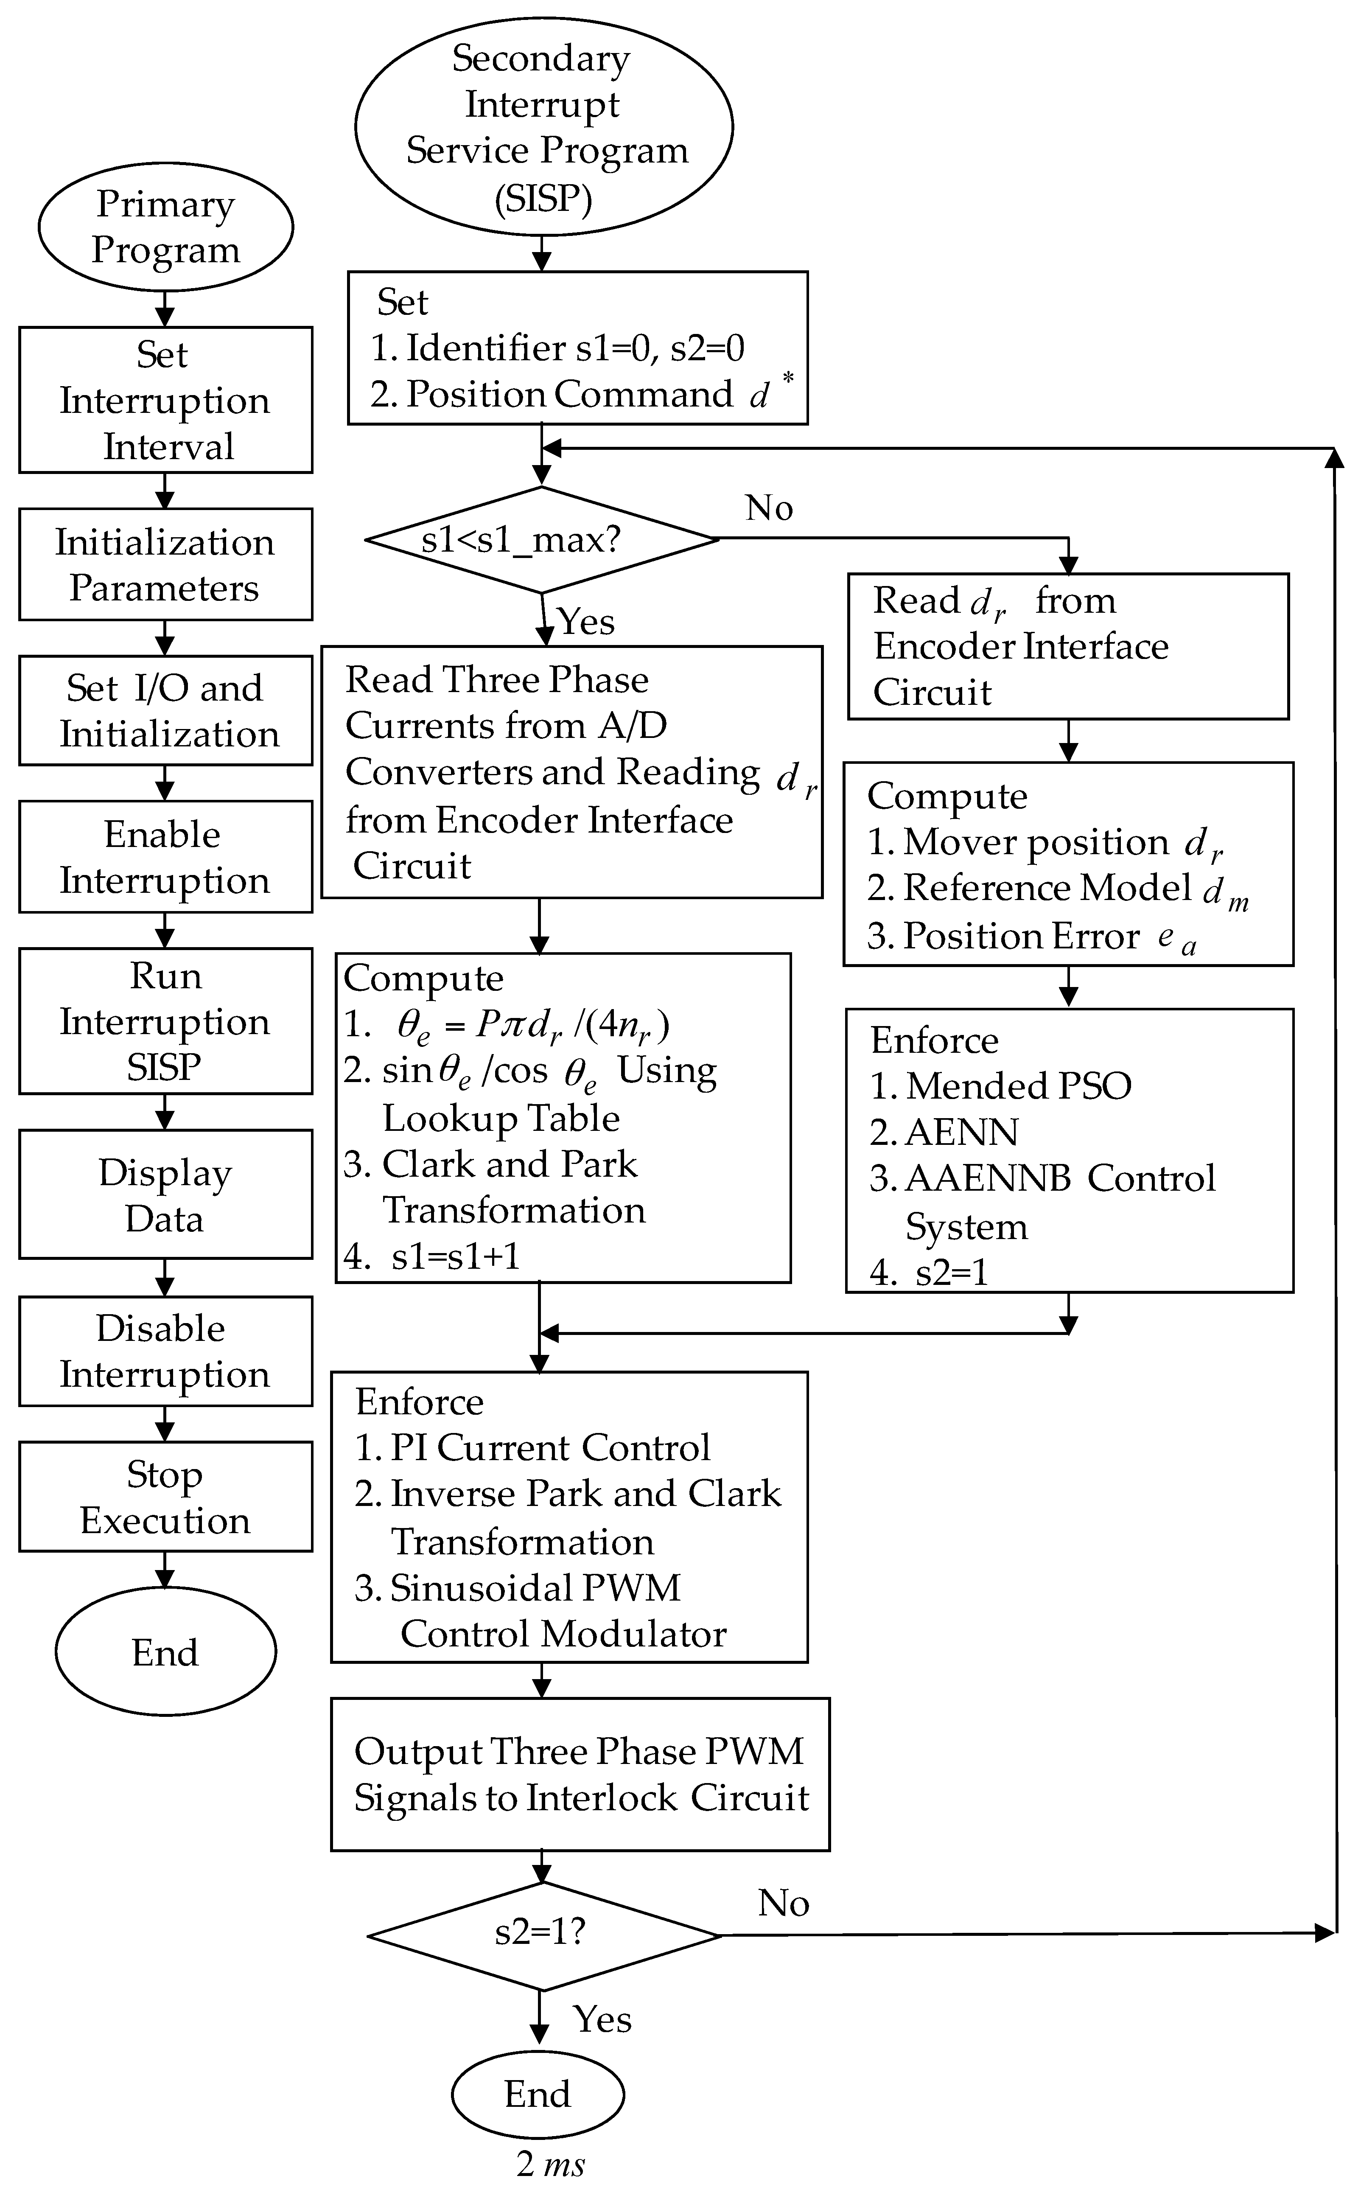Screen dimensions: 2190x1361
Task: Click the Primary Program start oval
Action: click(165, 226)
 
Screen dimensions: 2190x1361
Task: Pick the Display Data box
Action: click(165, 1195)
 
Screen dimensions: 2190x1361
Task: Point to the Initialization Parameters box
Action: click(165, 564)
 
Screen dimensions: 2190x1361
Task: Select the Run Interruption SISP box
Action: click(165, 1021)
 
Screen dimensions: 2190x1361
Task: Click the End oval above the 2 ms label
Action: click(538, 2094)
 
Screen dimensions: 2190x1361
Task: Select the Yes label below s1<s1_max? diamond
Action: click(586, 621)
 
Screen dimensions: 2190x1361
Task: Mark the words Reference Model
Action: click(1047, 888)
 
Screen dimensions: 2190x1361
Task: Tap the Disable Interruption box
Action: click(165, 1351)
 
